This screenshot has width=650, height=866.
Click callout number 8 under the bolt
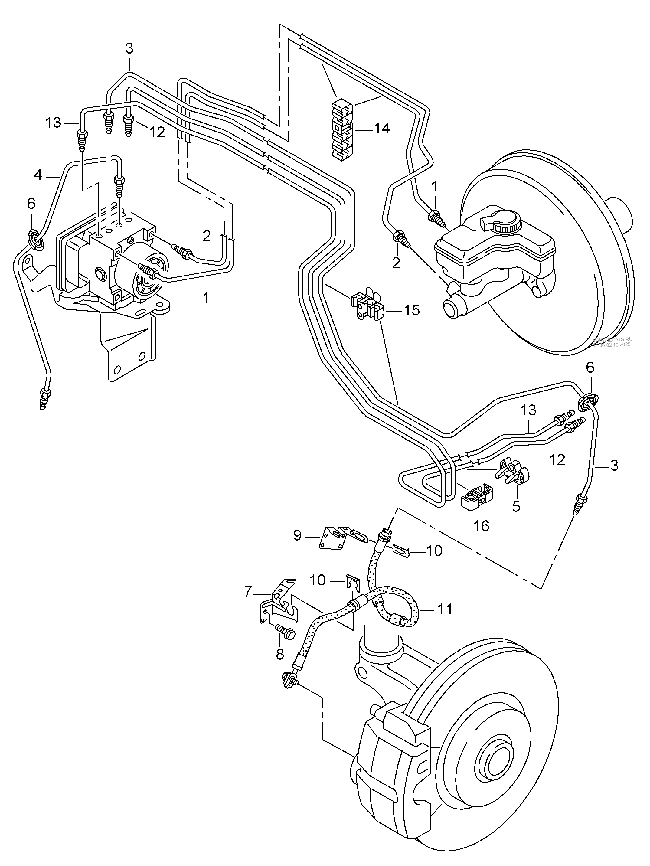(279, 654)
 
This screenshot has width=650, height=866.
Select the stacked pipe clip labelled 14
(342, 131)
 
